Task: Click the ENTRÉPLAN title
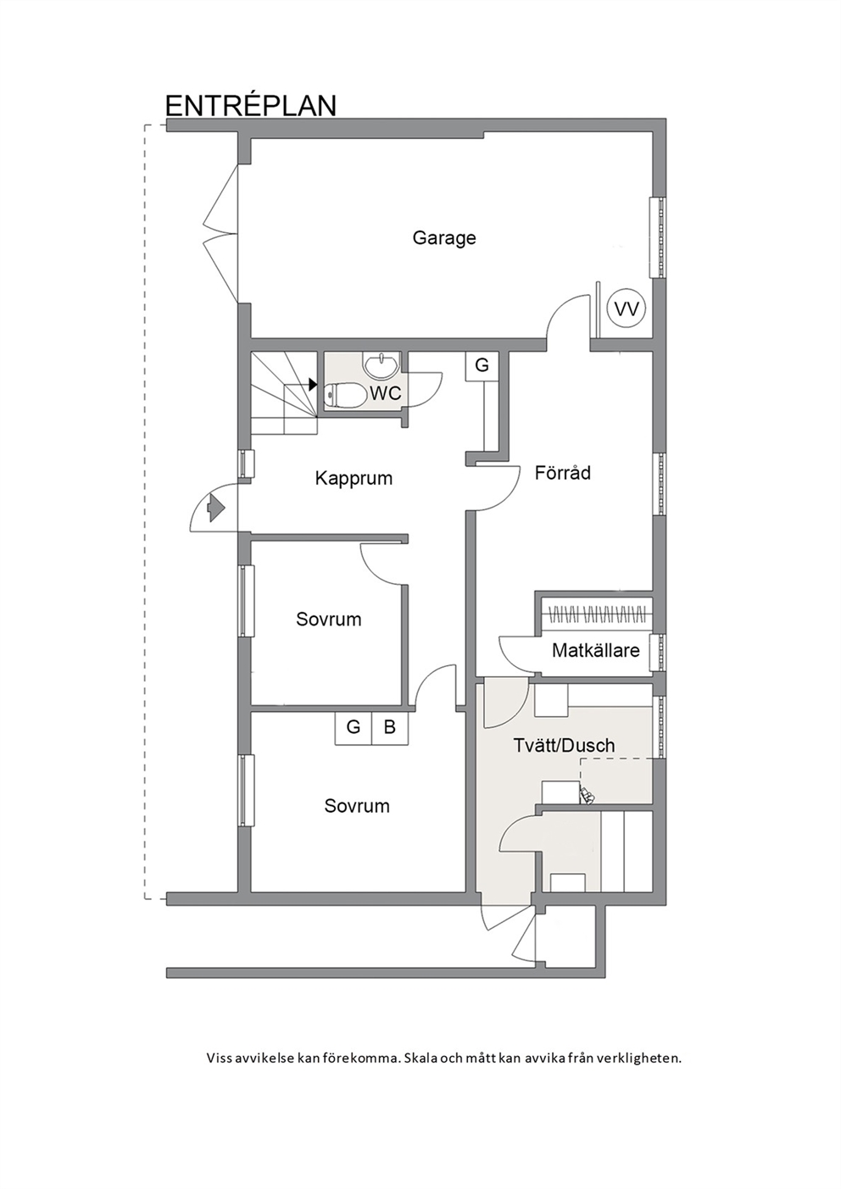(251, 105)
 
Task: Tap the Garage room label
(444, 238)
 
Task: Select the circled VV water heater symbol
(626, 309)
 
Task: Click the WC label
(385, 393)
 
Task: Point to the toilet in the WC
(344, 395)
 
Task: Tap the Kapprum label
(354, 478)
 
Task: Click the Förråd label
(562, 472)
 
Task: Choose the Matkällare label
(596, 650)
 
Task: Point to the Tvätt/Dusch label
(564, 745)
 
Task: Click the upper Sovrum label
(329, 620)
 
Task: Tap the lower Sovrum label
(357, 806)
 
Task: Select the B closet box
(390, 726)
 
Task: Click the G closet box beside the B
(353, 726)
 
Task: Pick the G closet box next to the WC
(482, 365)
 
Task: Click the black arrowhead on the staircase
(313, 384)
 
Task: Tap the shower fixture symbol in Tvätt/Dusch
(588, 795)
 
